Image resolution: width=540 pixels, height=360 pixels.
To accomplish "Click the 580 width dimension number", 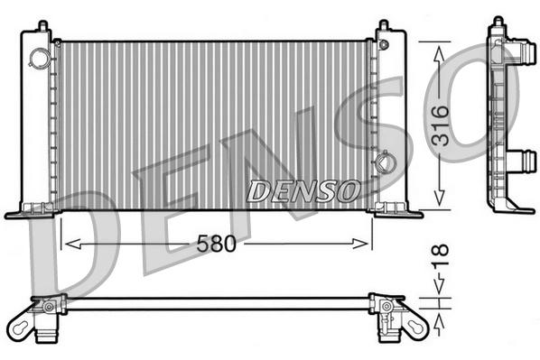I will click(216, 244).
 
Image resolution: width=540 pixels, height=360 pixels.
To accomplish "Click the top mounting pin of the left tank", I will click(40, 26).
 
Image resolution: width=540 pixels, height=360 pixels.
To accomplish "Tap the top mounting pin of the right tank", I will click(384, 24).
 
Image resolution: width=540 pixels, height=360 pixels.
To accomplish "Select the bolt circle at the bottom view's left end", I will click(48, 308).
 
